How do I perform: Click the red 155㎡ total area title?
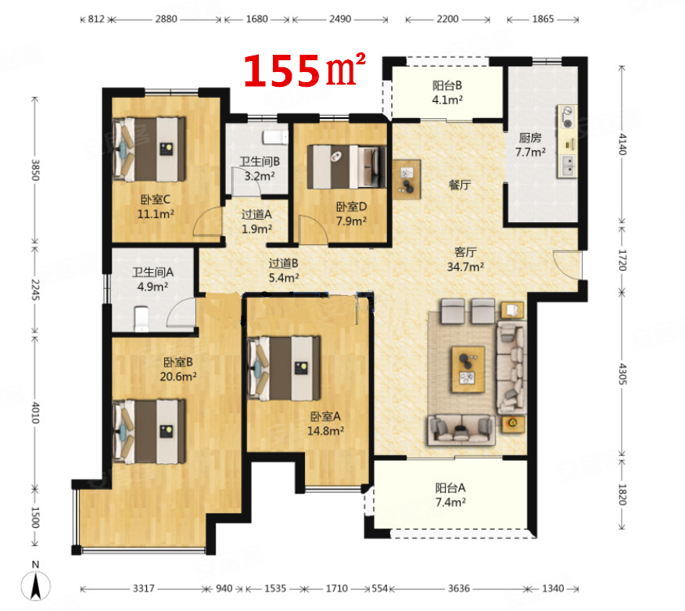coord(306,71)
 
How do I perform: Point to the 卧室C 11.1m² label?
coord(156,206)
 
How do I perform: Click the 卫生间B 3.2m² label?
coord(260,169)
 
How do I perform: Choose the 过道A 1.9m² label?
coord(256,222)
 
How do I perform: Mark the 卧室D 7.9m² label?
coord(351,214)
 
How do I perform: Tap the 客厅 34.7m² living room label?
coord(467,259)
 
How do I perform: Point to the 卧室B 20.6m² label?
coord(179,369)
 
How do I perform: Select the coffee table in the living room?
coord(468,368)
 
